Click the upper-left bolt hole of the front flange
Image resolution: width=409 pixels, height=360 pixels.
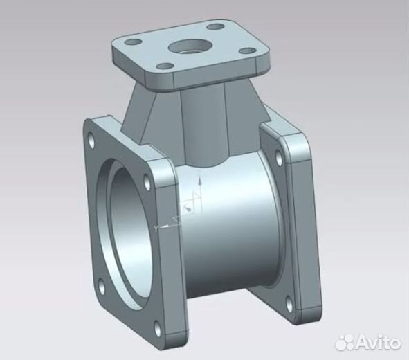[x=94, y=136]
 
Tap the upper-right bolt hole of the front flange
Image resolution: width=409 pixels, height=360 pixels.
[x=148, y=181]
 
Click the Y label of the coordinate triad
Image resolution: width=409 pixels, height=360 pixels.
[x=157, y=226]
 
